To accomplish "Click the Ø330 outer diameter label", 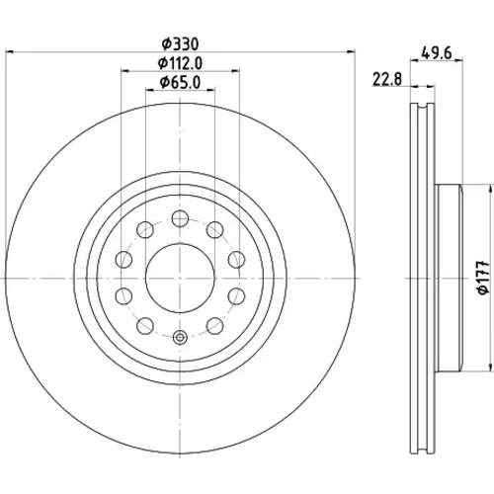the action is (181, 44).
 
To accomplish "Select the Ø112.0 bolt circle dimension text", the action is (180, 63).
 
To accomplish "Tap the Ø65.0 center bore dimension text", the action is (180, 82).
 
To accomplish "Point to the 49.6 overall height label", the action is (437, 53).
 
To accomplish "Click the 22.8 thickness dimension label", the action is (387, 79).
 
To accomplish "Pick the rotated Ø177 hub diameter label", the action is (483, 278).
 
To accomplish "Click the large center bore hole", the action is (180, 279).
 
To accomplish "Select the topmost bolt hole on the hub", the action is (180, 218).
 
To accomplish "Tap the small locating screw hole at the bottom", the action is (180, 337).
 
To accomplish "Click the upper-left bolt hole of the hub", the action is (145, 229).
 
